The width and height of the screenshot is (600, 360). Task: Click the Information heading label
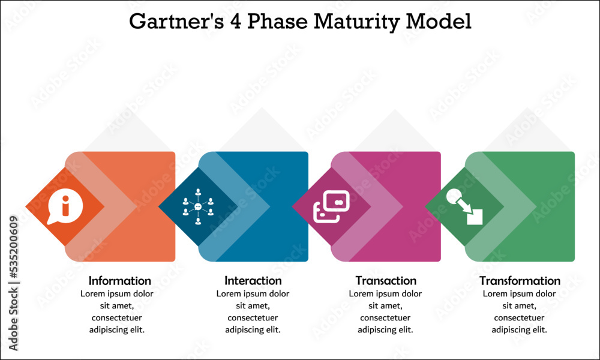point(120,281)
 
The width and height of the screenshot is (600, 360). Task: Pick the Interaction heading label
point(253,281)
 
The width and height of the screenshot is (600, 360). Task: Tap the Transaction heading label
point(386,281)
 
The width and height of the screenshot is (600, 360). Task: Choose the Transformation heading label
point(520,281)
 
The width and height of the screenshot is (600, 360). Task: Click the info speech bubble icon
point(64,207)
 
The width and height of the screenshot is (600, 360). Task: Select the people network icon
point(198,207)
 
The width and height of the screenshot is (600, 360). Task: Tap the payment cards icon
point(330,207)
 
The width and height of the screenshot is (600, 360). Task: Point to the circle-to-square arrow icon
point(464,207)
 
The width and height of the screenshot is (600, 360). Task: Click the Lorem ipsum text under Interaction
point(253,311)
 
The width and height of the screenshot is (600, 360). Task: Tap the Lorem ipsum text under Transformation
point(520,311)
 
